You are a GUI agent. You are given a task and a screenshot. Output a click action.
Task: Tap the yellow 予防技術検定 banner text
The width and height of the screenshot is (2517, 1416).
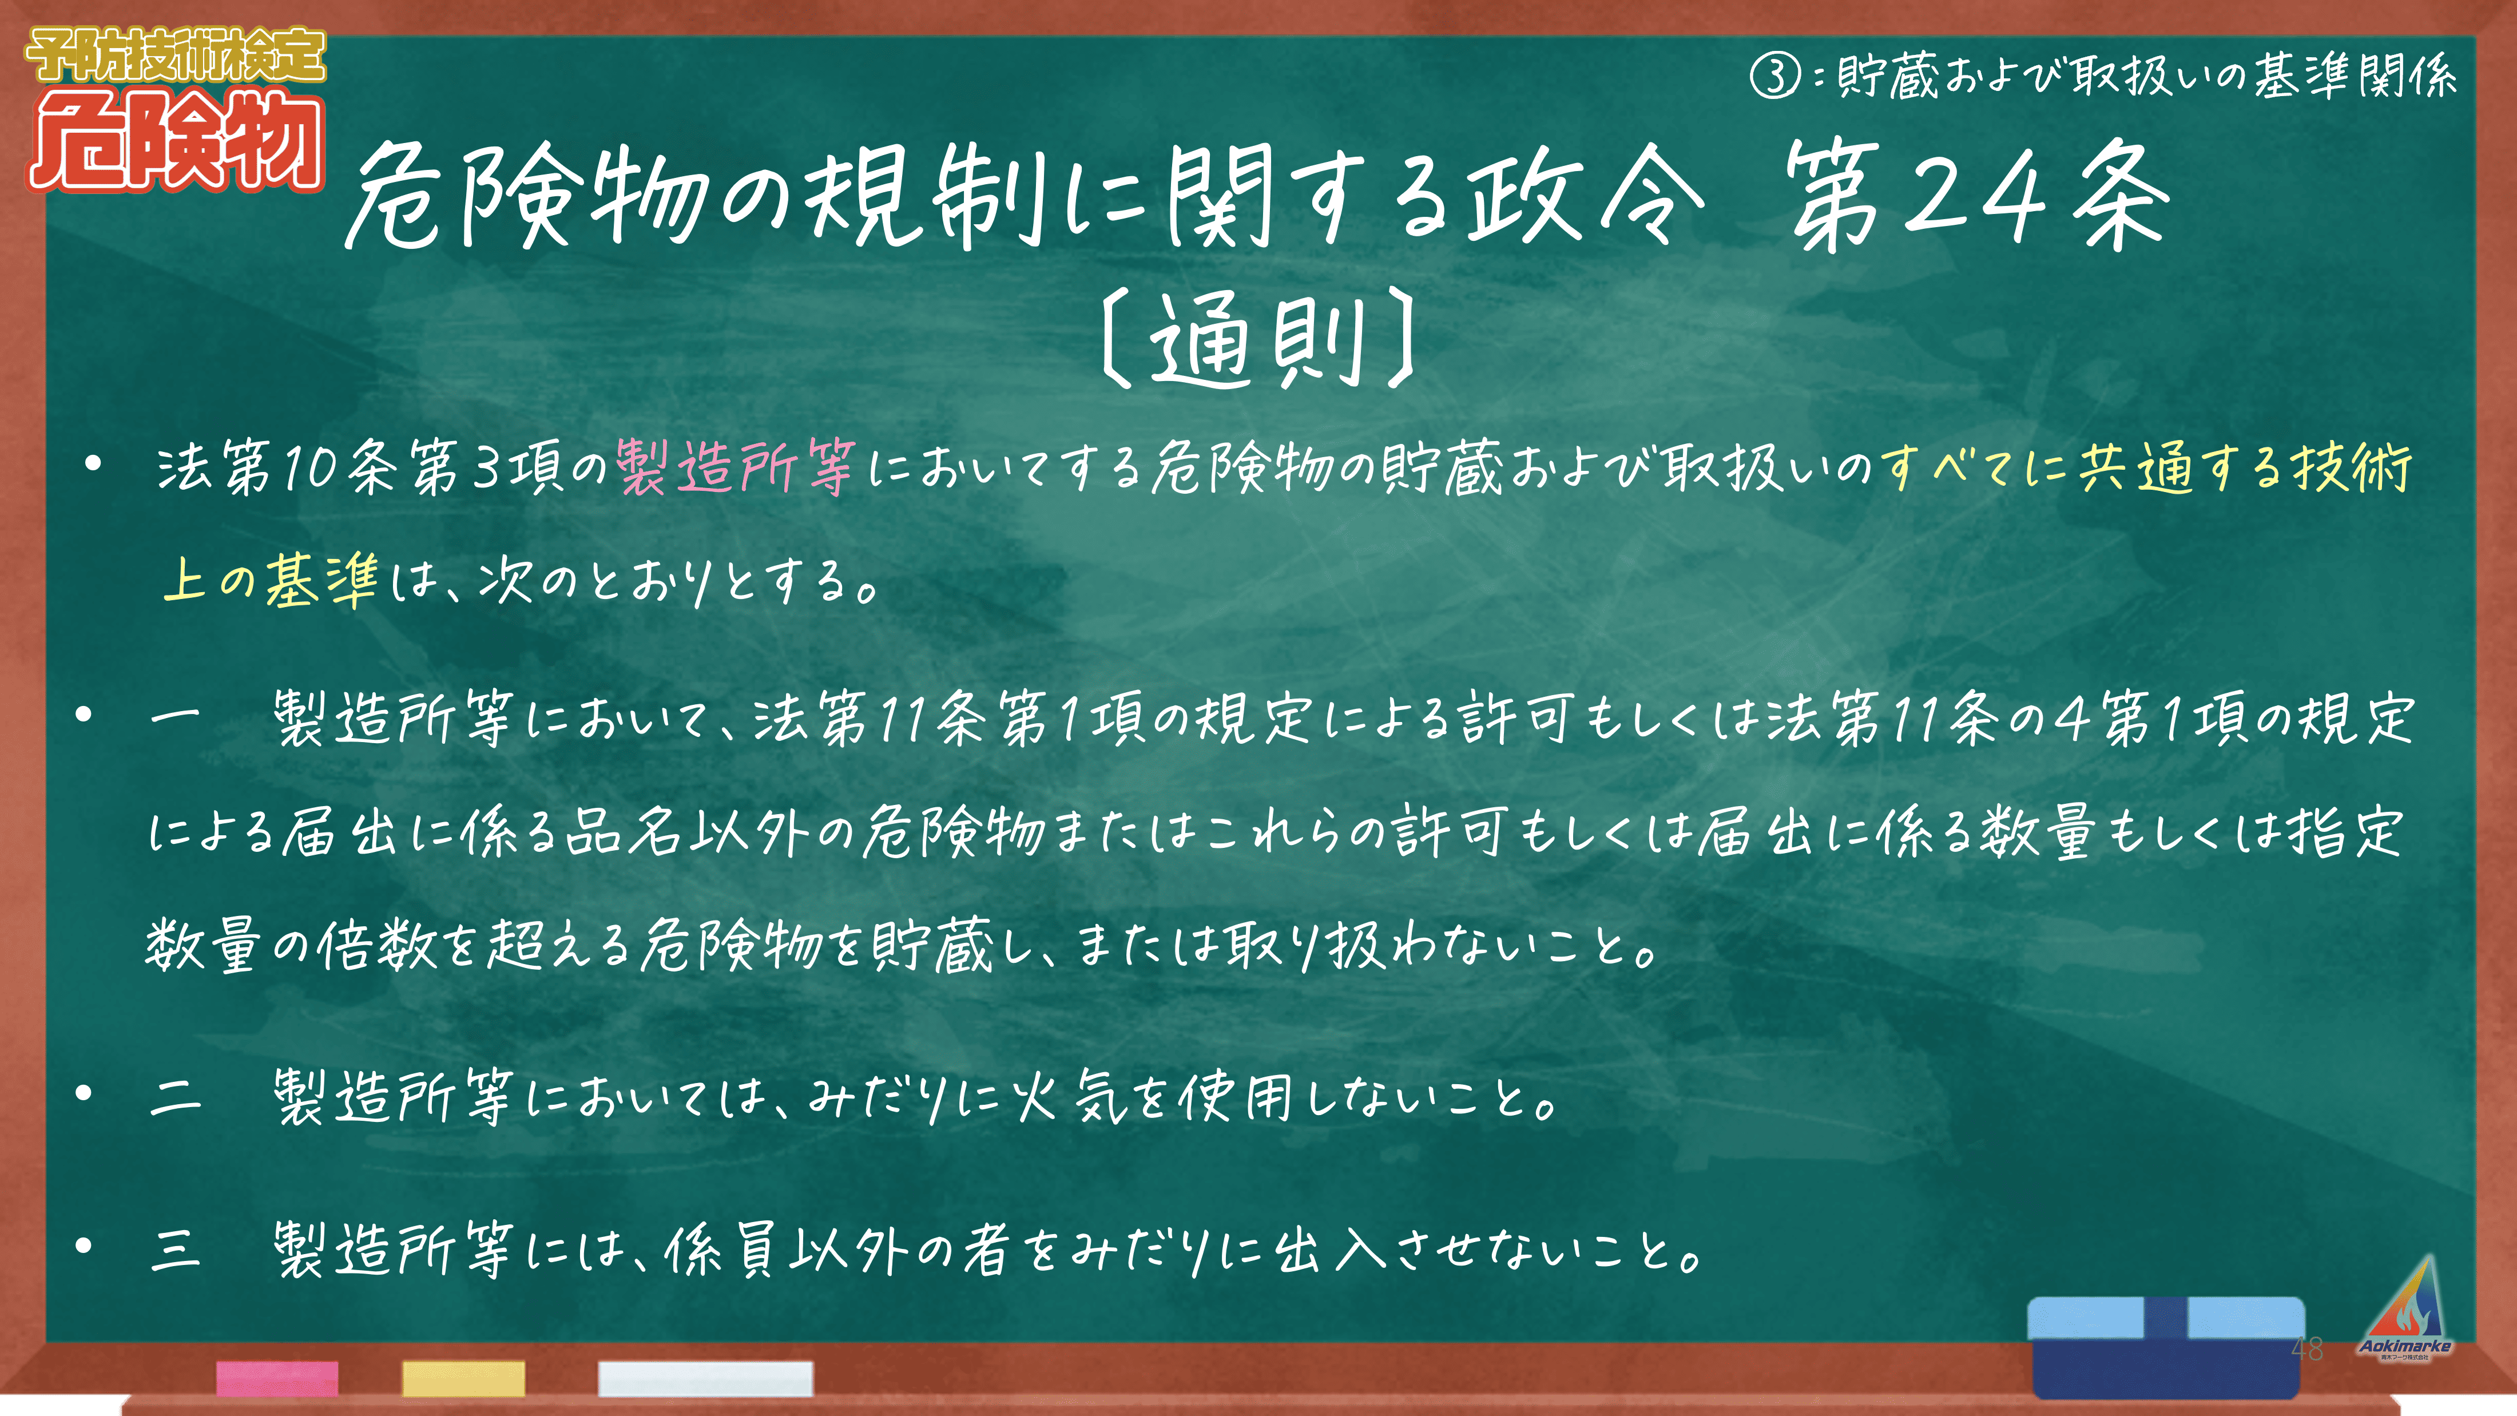click(176, 55)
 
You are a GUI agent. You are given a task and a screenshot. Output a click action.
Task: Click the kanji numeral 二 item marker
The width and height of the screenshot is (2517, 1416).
click(176, 1096)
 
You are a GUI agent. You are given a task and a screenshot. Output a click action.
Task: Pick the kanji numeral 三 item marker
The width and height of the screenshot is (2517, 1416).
click(176, 1249)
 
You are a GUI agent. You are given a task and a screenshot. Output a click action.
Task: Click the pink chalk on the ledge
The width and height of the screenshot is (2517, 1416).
click(277, 1378)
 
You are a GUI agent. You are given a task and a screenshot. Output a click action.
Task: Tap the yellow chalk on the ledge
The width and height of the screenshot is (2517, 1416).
click(463, 1378)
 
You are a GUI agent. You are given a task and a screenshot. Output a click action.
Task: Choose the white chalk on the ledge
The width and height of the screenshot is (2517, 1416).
click(705, 1378)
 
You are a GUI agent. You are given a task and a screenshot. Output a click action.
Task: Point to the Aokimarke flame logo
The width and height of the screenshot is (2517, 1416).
click(2405, 1307)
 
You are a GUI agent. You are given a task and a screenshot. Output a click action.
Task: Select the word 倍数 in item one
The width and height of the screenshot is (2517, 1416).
click(376, 945)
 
